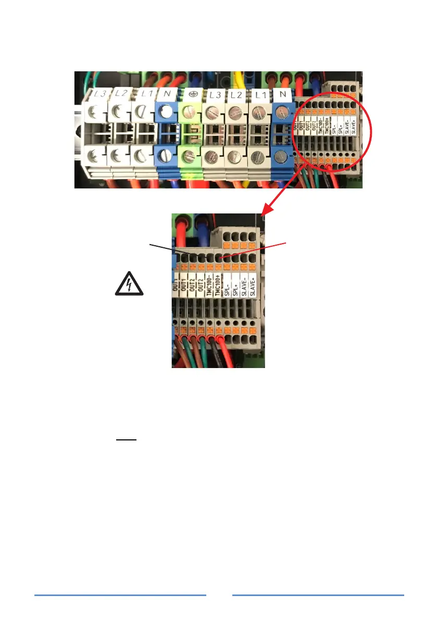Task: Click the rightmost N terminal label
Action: point(283,95)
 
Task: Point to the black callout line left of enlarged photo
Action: point(169,248)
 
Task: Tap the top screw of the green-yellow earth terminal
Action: point(190,111)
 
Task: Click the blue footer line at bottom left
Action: point(120,594)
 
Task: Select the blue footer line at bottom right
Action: point(318,594)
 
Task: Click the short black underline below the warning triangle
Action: point(126,439)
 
